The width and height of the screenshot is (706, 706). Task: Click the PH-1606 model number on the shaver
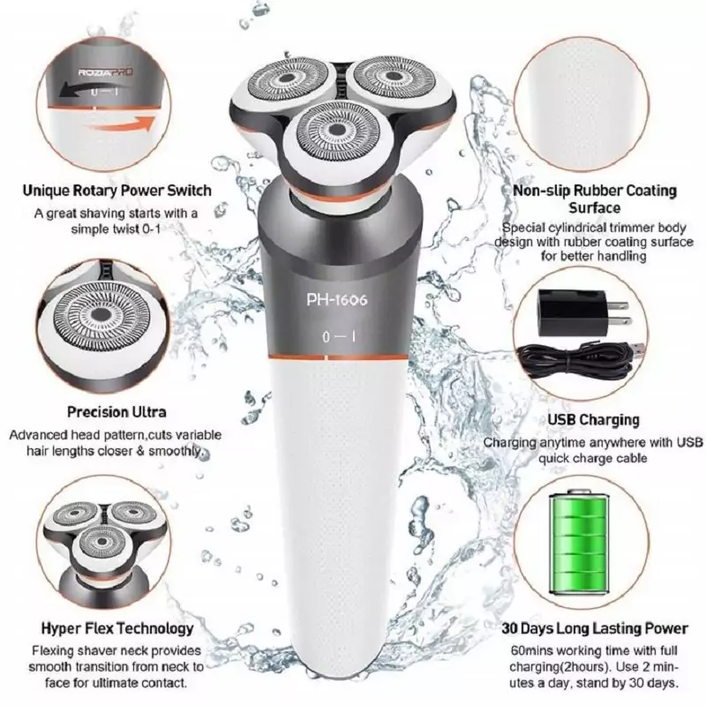[x=337, y=299]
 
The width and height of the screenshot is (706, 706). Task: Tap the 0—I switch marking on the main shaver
[x=339, y=337]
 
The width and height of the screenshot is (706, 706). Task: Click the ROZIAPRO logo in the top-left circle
[x=105, y=72]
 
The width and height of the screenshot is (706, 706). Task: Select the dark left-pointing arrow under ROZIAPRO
[x=90, y=89]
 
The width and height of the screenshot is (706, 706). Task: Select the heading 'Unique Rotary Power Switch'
[x=117, y=191]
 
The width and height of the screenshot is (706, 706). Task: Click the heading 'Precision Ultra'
[x=116, y=412]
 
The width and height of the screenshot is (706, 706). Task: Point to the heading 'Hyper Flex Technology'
[x=117, y=628]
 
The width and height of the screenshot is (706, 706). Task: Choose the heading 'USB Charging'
[x=593, y=420]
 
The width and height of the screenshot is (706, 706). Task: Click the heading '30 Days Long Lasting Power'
[x=595, y=628]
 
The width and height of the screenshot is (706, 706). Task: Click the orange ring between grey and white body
[x=338, y=357]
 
